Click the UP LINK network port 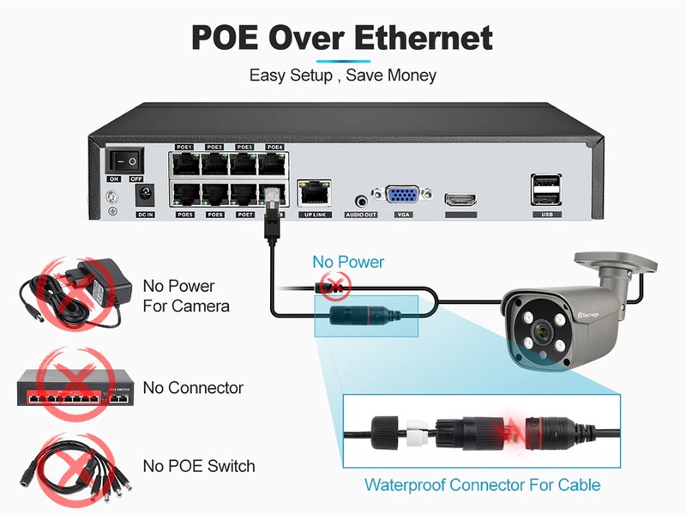(313, 193)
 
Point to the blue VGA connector (400, 196)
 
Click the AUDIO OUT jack (360, 199)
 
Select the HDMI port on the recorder (460, 200)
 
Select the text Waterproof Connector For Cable (483, 485)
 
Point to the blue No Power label (348, 262)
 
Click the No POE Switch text (199, 466)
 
